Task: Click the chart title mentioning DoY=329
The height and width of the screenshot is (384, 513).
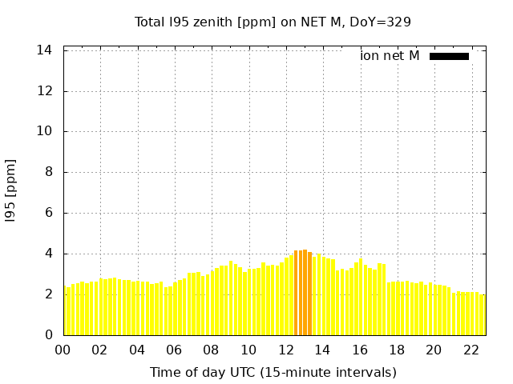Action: [273, 22]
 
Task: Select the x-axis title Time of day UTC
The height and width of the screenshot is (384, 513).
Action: [273, 372]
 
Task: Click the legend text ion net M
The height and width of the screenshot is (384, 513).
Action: [390, 56]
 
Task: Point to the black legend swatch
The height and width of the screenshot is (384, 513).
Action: [449, 56]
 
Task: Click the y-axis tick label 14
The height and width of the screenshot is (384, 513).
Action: [45, 50]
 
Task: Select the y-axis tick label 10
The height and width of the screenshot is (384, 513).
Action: [45, 131]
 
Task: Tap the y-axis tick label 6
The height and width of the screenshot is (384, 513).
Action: [48, 213]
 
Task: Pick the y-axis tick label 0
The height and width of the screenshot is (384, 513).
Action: [48, 334]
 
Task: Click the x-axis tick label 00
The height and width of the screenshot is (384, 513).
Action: [63, 350]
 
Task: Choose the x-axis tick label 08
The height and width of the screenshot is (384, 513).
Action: [212, 350]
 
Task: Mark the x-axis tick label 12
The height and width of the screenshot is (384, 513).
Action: [285, 350]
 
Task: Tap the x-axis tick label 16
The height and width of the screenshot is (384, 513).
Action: [360, 350]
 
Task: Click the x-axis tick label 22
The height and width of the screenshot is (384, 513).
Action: [471, 350]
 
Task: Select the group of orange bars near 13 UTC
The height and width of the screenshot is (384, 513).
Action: [303, 293]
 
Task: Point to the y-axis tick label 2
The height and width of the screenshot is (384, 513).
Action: [48, 294]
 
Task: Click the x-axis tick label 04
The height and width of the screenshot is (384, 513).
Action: [137, 350]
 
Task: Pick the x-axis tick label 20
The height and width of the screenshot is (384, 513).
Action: [434, 350]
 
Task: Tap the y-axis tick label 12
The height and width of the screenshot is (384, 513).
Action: [45, 91]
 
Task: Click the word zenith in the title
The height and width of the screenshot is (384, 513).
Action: [220, 22]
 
